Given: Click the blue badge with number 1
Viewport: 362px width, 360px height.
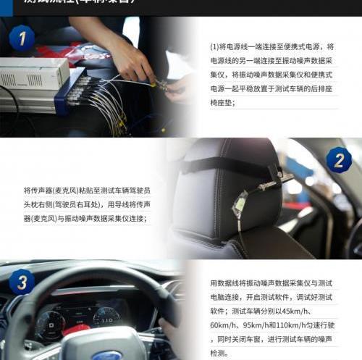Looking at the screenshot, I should (22, 37).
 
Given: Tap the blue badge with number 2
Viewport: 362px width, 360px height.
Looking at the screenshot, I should (337, 159).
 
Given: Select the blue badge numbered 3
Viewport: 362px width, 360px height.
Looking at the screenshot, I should (22, 281).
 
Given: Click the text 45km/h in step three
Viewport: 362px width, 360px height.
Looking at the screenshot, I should (317, 311).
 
